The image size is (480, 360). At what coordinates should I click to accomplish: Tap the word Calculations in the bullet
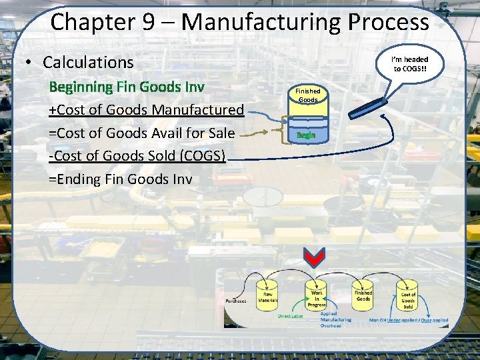[x=88, y=63]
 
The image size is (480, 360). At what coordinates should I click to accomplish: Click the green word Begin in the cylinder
[x=306, y=135]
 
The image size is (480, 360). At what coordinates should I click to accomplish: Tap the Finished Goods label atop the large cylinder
[x=307, y=95]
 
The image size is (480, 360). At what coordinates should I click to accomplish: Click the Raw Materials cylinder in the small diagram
[x=269, y=296]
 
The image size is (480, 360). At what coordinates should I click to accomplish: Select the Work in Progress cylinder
[x=317, y=297]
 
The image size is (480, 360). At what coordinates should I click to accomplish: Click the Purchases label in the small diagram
[x=236, y=301]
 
